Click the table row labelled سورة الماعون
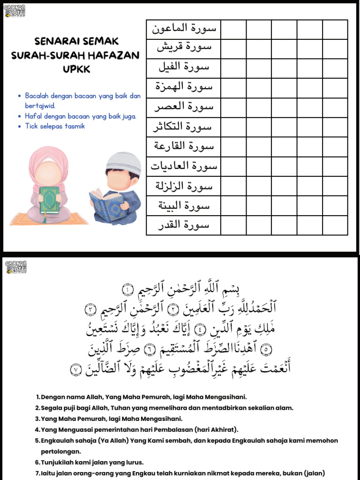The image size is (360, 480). coord(183,29)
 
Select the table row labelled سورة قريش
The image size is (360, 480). coord(183,48)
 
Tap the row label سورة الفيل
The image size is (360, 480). coord(183,68)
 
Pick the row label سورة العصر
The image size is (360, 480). coord(183,107)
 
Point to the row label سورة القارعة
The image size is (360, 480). coord(183,147)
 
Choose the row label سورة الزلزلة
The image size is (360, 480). coord(183,186)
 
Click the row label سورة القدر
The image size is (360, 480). coord(183,225)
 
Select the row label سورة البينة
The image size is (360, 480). coord(183,206)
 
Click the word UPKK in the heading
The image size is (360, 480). coord(75,69)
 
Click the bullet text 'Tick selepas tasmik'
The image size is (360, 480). coord(55,126)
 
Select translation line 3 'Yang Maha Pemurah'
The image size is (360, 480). coord(112,419)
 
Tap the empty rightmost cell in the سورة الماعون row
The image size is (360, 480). coord(335,29)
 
